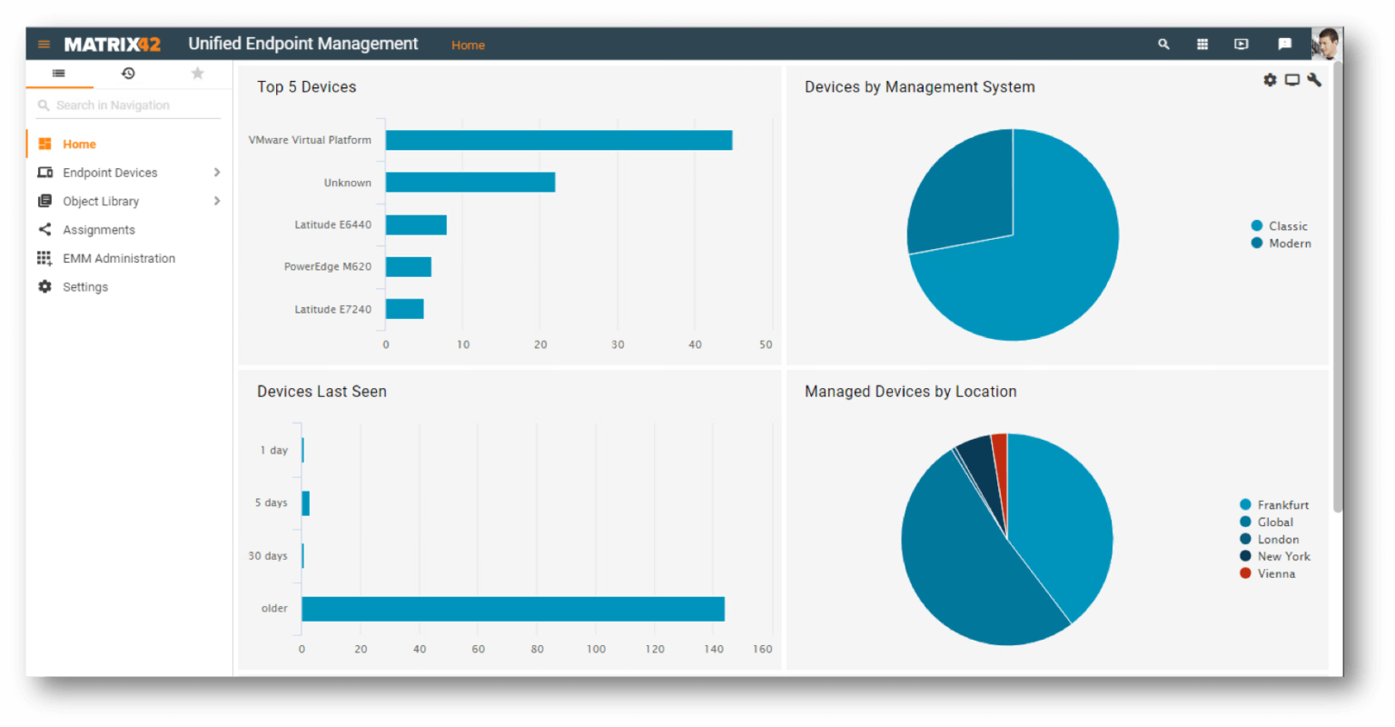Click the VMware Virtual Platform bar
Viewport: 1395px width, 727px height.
tap(559, 140)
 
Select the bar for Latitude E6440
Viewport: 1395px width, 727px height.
tap(416, 224)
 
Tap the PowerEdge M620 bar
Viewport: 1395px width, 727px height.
tap(409, 266)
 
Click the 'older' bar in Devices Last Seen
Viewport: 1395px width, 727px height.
tap(513, 609)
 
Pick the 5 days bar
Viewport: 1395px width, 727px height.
tap(306, 503)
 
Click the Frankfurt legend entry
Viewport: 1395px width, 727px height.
tap(1273, 504)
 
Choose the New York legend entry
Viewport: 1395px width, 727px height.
tap(1275, 556)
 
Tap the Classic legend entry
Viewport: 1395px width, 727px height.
tap(1279, 226)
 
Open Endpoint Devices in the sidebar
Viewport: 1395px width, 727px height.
tap(110, 173)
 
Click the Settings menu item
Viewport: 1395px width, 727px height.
tap(84, 286)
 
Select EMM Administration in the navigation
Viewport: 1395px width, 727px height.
tap(118, 258)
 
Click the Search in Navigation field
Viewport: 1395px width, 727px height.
tap(128, 105)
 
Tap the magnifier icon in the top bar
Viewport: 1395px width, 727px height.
tap(1163, 45)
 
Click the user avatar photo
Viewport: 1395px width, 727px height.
tap(1325, 44)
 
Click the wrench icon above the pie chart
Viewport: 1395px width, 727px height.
tap(1315, 80)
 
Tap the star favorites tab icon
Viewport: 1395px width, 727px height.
tap(197, 74)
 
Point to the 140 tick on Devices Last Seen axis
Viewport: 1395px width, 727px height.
tap(714, 649)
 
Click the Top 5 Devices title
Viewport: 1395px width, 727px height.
tap(306, 86)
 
